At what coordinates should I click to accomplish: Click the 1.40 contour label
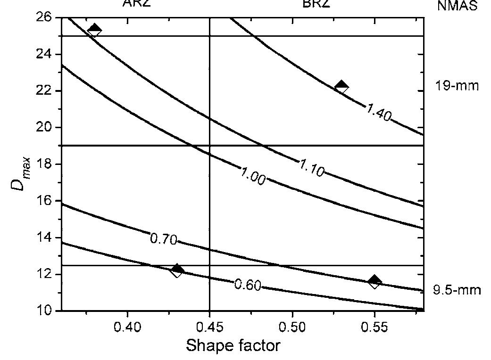point(378,113)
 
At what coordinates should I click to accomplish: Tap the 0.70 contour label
point(164,239)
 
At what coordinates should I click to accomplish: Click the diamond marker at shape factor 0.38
point(94,30)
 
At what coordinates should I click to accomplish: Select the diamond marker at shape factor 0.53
point(341,86)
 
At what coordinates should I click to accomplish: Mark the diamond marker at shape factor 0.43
point(177,270)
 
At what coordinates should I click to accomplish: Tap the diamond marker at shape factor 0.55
point(374,282)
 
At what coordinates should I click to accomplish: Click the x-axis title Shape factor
point(233,346)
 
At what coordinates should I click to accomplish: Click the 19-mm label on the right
point(457,86)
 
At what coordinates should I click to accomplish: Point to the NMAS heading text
point(458,6)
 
